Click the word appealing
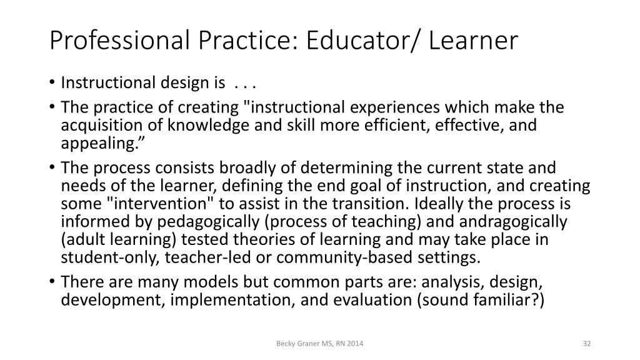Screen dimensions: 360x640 coord(98,142)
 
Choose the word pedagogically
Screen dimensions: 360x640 coord(193,221)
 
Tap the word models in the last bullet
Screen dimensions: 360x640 coord(177,283)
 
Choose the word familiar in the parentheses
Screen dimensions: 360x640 coord(504,301)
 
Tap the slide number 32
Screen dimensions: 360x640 coord(586,344)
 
